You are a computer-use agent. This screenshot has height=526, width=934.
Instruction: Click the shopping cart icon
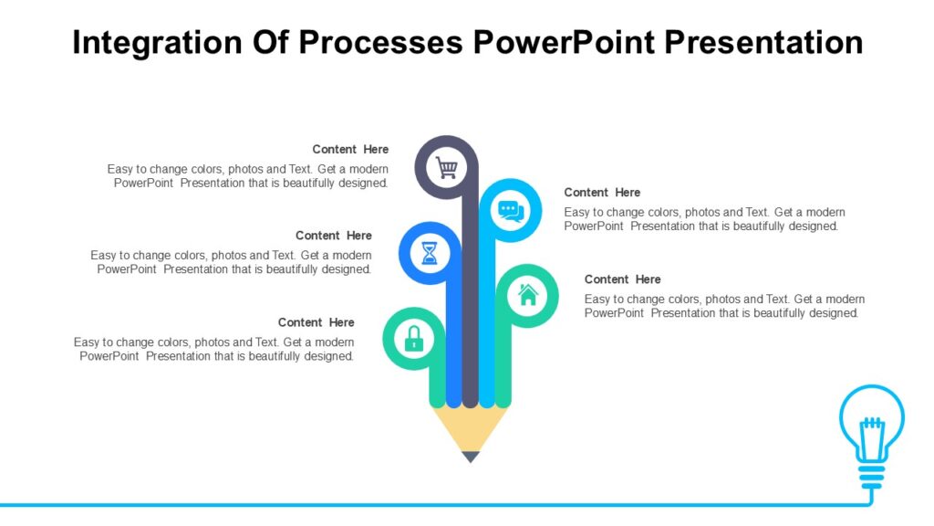446,168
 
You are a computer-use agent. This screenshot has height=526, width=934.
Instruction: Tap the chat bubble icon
510,211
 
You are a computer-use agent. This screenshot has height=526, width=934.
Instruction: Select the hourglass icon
430,253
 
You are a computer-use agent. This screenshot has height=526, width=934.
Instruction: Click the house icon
527,295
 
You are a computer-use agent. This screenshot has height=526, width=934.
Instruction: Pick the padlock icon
414,339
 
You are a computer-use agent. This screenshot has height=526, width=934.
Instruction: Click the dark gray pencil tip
470,456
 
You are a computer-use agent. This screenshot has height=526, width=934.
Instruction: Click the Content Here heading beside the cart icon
350,150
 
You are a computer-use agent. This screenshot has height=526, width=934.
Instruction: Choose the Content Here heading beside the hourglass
334,236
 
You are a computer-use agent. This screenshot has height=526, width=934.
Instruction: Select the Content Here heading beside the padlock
317,322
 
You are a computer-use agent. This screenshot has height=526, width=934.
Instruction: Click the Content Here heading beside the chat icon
602,193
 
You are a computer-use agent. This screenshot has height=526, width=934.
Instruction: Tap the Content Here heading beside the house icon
622,279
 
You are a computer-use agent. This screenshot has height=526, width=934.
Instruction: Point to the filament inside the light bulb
872,433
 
